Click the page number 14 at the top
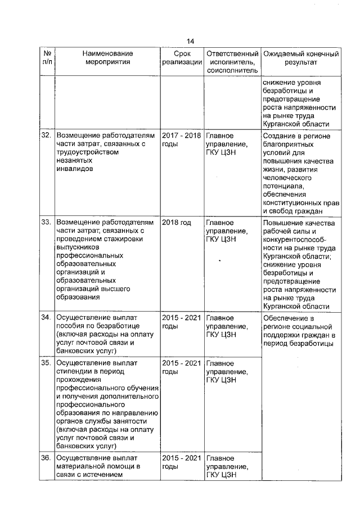(x=190, y=41)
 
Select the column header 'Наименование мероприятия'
(x=106, y=58)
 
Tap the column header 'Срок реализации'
(x=181, y=58)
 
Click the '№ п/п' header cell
(x=47, y=58)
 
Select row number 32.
(x=46, y=136)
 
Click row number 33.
(x=46, y=223)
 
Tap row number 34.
(x=46, y=317)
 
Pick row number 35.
(x=46, y=363)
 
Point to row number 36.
(x=46, y=458)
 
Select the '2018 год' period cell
(x=176, y=223)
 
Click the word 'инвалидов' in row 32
(x=74, y=168)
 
